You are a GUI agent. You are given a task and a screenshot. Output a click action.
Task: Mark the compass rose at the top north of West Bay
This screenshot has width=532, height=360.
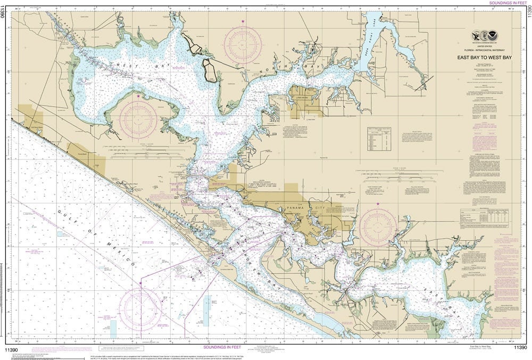click(x=243, y=45)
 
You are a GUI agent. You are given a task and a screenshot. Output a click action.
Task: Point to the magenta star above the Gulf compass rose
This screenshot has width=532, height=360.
click(x=140, y=283)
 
